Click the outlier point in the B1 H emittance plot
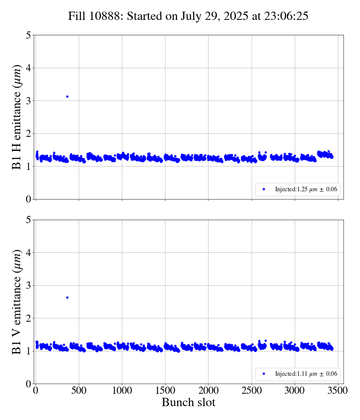click(x=67, y=96)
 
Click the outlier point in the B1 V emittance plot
click(x=67, y=297)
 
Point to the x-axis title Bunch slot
click(x=188, y=403)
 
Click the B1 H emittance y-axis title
click(x=17, y=117)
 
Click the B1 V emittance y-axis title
click(x=17, y=301)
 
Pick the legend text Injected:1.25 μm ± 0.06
click(x=306, y=189)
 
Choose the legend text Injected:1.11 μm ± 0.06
click(x=306, y=374)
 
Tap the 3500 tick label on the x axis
click(x=338, y=390)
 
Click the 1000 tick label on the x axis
click(x=122, y=390)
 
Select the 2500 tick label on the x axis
click(x=252, y=390)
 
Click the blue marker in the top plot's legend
click(x=264, y=189)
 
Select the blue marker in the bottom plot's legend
click(x=264, y=374)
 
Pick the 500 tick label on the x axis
click(x=79, y=390)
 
